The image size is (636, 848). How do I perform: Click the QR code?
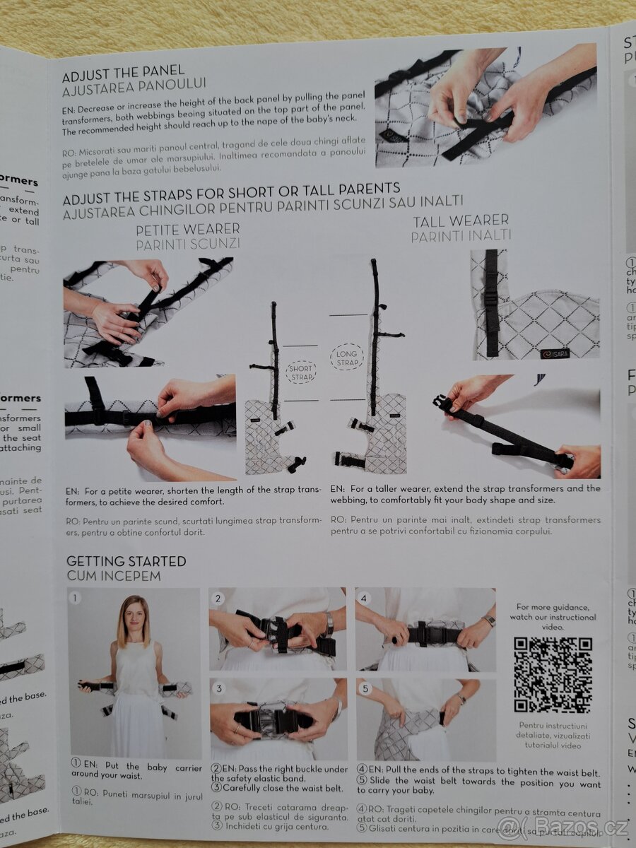(552, 674)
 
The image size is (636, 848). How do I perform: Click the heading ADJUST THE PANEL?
(123, 71)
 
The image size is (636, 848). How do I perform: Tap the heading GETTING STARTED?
(126, 561)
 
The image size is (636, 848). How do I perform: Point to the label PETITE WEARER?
(187, 229)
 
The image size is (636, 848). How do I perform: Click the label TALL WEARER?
(461, 221)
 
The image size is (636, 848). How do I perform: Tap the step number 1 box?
(76, 598)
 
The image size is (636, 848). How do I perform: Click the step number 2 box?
(218, 598)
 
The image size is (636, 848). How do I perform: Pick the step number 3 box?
(218, 688)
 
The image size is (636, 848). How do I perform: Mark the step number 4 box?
(363, 598)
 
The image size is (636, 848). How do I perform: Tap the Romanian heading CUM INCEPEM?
(114, 576)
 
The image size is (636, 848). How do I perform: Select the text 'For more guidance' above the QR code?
(552, 606)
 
